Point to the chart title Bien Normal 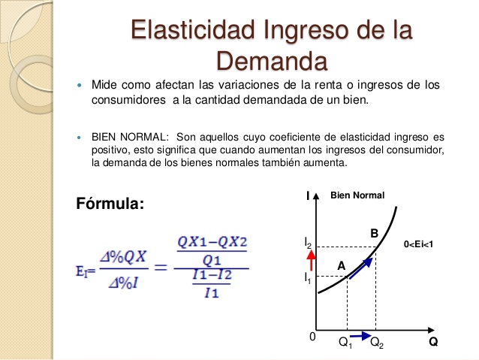357,195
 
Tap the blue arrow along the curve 361,267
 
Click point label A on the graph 341,265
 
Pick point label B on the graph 374,234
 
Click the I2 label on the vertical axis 308,242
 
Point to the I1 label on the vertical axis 307,278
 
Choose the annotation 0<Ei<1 419,244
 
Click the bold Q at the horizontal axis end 433,342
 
